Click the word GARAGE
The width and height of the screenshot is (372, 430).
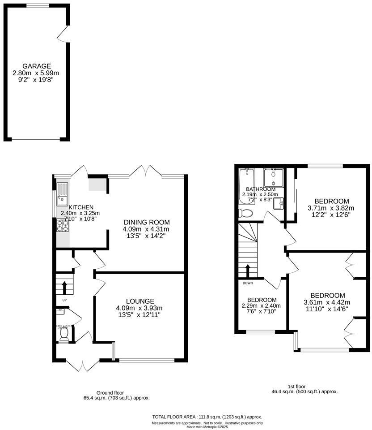(x=37, y=66)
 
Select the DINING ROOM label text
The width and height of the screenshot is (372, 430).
(x=146, y=222)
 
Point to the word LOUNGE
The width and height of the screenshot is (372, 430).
(x=140, y=301)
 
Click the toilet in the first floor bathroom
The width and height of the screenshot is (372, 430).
(x=245, y=213)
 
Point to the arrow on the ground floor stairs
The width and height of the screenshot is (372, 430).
(x=64, y=286)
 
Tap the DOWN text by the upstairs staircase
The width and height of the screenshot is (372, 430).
(x=248, y=283)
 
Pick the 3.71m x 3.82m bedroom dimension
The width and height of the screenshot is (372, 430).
(x=331, y=208)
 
